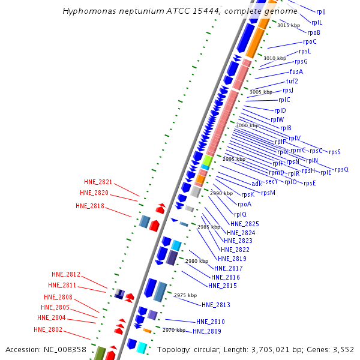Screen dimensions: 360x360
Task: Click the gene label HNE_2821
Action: click(98, 182)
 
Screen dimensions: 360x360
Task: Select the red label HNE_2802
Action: click(48, 329)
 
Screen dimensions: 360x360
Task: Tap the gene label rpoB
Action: click(314, 32)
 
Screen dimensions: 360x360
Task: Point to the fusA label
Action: click(296, 71)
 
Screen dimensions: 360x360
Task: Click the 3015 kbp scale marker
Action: click(288, 25)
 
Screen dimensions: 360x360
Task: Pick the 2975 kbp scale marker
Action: click(185, 295)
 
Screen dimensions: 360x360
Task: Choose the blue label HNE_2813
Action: click(216, 305)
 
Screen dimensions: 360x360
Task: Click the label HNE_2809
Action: click(208, 331)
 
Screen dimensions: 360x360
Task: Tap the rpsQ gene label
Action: click(341, 169)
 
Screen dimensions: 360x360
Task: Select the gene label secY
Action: click(271, 181)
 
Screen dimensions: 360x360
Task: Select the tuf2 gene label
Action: click(292, 81)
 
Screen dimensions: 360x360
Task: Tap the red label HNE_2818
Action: click(90, 206)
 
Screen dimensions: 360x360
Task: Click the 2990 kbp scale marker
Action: click(221, 193)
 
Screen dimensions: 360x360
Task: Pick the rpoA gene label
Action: click(244, 204)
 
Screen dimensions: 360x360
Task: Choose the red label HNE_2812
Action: click(66, 274)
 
